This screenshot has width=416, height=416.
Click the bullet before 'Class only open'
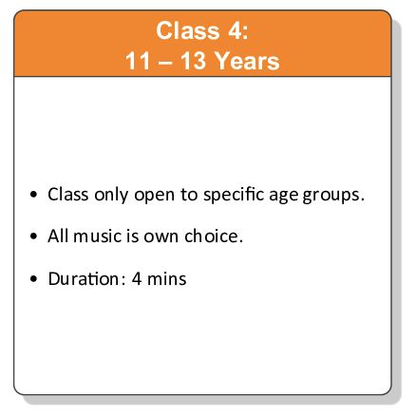click(x=35, y=196)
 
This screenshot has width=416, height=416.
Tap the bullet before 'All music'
click(x=35, y=237)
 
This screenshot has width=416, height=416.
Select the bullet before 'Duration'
click(x=35, y=280)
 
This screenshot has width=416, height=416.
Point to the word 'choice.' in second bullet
click(x=213, y=236)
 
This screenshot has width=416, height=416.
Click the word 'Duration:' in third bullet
click(x=85, y=278)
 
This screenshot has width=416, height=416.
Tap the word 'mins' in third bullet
click(x=168, y=278)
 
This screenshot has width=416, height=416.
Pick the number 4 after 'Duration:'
click(x=138, y=278)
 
